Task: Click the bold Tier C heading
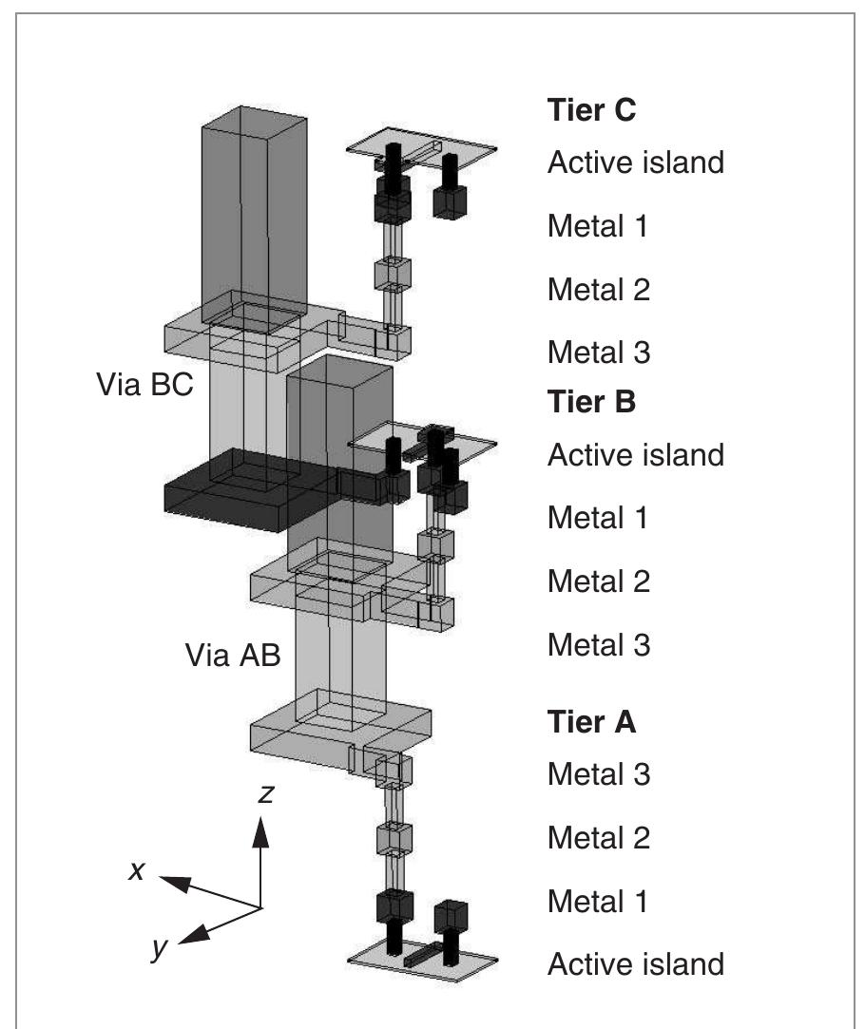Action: coord(591,110)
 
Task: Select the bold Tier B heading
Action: coord(591,402)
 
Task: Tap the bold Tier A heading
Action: coord(591,722)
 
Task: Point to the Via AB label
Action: coord(233,656)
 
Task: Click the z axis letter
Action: coord(267,793)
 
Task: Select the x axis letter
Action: coord(136,869)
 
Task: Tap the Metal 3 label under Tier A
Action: coord(599,774)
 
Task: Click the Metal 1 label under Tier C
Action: coord(599,226)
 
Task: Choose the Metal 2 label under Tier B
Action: coord(599,581)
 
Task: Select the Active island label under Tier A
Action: coord(635,964)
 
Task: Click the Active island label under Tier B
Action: coord(635,454)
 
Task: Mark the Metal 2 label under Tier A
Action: coord(599,838)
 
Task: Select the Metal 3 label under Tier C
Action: coord(599,353)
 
